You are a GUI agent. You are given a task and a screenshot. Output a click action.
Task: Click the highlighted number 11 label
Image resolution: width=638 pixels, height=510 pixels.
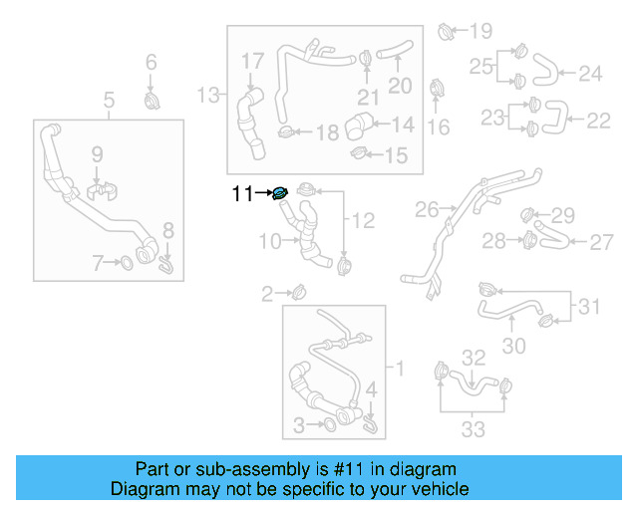pos(242,194)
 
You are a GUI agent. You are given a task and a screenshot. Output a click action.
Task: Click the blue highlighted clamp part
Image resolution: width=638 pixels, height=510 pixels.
pos(280,193)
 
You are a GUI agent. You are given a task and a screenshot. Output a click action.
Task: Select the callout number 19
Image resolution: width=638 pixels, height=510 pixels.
pos(480,30)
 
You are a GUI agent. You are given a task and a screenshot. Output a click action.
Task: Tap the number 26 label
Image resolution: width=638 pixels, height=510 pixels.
pos(427,210)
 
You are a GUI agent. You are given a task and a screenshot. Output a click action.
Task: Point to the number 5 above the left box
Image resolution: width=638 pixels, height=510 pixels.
pos(109,99)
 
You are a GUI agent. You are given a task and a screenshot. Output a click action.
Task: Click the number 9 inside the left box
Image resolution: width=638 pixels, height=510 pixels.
pos(97,154)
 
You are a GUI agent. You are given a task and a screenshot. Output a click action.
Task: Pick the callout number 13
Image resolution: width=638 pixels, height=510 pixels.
pos(209,95)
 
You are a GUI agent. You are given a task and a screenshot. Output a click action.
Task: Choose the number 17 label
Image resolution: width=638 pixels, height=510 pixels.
pos(252,62)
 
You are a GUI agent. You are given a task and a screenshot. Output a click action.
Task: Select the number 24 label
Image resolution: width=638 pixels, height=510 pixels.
pos(591,73)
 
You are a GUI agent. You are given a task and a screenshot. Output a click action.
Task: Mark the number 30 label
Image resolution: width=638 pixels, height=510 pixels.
pos(513,346)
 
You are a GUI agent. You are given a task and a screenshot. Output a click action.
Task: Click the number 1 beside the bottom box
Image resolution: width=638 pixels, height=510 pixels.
pos(400,370)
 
